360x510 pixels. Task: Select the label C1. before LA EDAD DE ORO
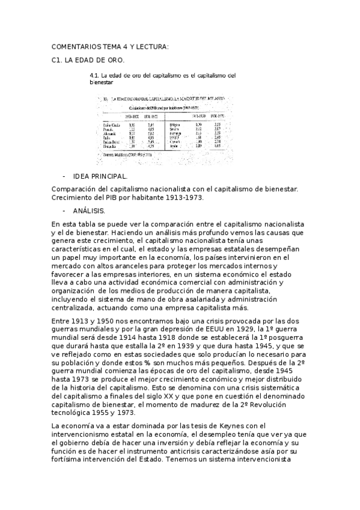(x=58, y=61)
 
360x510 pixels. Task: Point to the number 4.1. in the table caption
(x=94, y=75)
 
